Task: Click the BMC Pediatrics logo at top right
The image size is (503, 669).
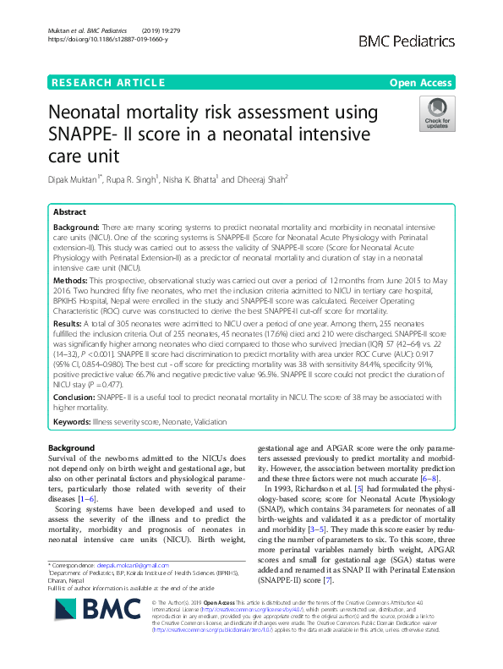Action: coord(407,41)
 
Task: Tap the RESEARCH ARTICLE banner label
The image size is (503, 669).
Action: coord(108,82)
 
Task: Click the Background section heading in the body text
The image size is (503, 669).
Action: coord(71,447)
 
